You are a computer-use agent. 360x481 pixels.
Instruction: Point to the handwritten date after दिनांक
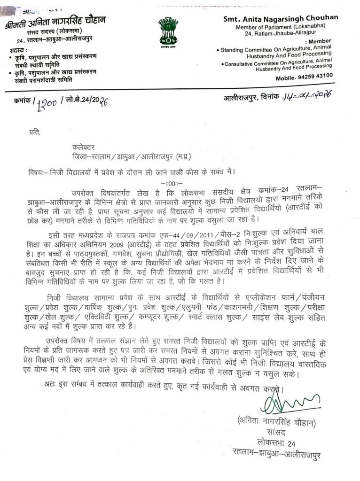coord(307,96)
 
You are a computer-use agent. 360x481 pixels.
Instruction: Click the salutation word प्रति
coord(34,133)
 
